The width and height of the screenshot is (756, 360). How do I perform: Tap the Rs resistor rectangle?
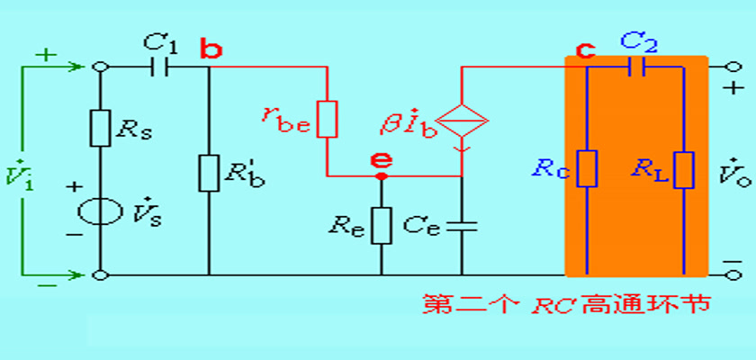(x=100, y=128)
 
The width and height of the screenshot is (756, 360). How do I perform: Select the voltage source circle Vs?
(x=100, y=211)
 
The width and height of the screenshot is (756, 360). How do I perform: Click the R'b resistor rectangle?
(x=209, y=173)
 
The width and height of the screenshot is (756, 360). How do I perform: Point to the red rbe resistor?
(x=328, y=119)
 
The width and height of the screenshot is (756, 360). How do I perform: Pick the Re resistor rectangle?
(x=382, y=226)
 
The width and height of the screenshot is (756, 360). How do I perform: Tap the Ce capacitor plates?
(x=462, y=226)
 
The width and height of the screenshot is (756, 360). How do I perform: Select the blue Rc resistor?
(x=587, y=168)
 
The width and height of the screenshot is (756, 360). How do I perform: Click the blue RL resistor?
(x=684, y=169)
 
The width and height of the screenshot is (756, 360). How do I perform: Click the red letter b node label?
(x=211, y=49)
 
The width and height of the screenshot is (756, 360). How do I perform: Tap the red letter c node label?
(x=585, y=49)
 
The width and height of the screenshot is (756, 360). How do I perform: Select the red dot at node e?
(x=382, y=176)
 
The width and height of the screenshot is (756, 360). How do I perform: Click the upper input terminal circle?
(x=100, y=67)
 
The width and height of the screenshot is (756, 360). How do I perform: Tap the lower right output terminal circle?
(x=733, y=275)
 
